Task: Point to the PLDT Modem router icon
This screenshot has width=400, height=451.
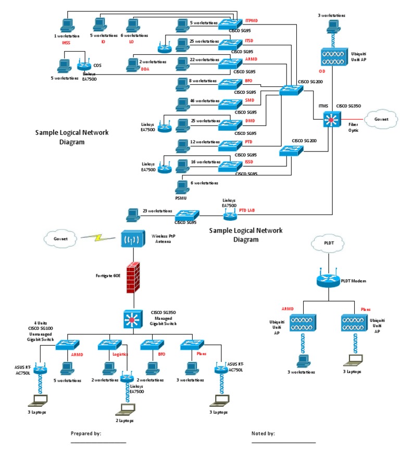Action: pyautogui.click(x=328, y=280)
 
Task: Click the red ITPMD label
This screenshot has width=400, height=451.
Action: pyautogui.click(x=252, y=21)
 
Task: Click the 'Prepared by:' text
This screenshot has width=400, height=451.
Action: pyautogui.click(x=86, y=433)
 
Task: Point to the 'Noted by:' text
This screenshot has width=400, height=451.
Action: pyautogui.click(x=263, y=433)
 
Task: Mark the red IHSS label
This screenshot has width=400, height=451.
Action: pyautogui.click(x=66, y=42)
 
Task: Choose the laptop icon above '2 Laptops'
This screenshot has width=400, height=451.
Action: pyautogui.click(x=125, y=409)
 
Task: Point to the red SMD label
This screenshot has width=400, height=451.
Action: pyautogui.click(x=249, y=99)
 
